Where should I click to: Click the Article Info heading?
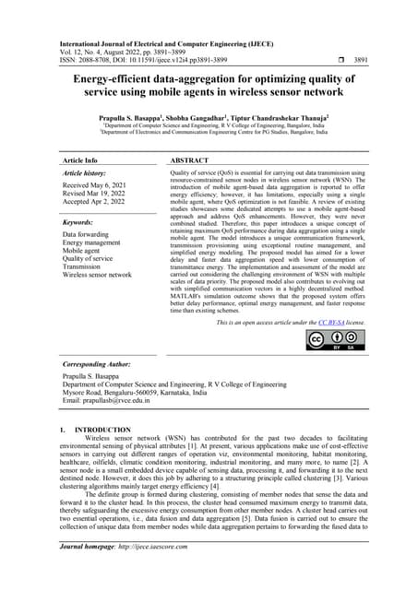click(x=80, y=160)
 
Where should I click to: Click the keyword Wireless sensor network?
click(x=97, y=275)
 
